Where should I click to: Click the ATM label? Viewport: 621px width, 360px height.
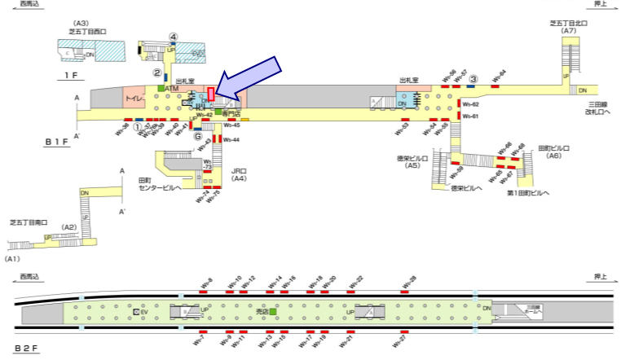point(171,87)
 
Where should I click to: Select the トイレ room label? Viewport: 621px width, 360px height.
point(134,99)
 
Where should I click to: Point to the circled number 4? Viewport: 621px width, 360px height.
point(173,37)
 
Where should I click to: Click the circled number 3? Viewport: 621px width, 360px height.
point(473,78)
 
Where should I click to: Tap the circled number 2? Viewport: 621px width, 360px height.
point(157,72)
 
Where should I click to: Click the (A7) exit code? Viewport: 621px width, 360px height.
point(569,31)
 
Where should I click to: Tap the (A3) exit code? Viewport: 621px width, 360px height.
point(81,24)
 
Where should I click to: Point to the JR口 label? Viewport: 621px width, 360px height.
point(239,170)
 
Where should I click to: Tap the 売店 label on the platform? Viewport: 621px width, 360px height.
point(262,311)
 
